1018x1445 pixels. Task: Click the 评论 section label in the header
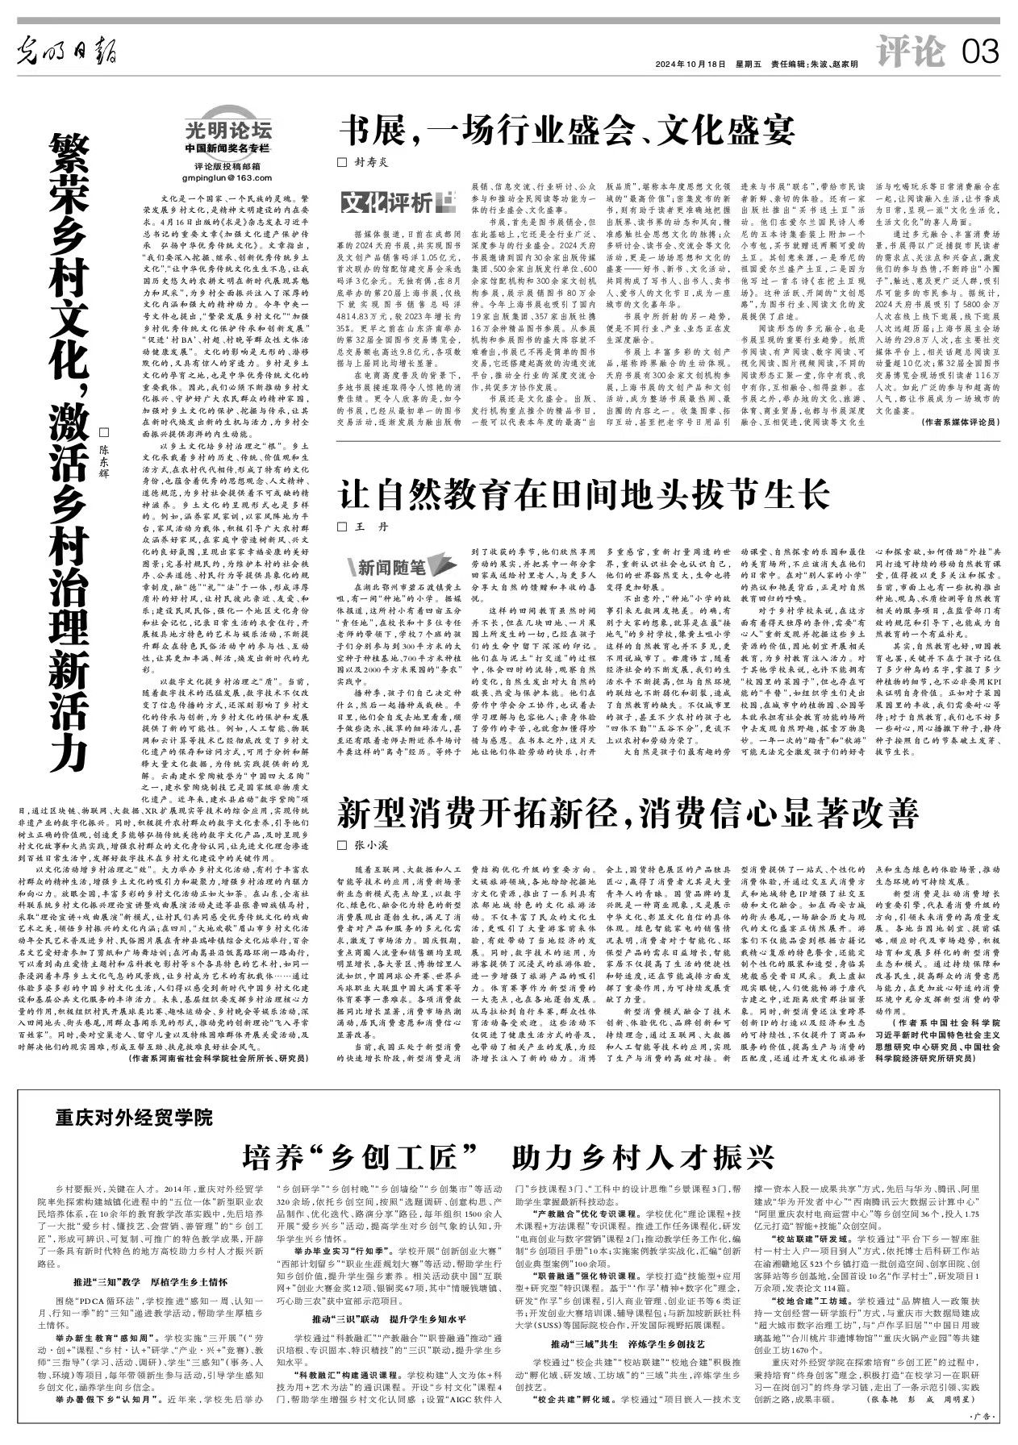pyautogui.click(x=911, y=53)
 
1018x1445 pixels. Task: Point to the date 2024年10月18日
pyautogui.click(x=690, y=65)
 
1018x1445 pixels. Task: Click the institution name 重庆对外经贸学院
pyautogui.click(x=134, y=1118)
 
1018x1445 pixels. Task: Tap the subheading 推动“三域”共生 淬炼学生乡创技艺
pyautogui.click(x=628, y=1343)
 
